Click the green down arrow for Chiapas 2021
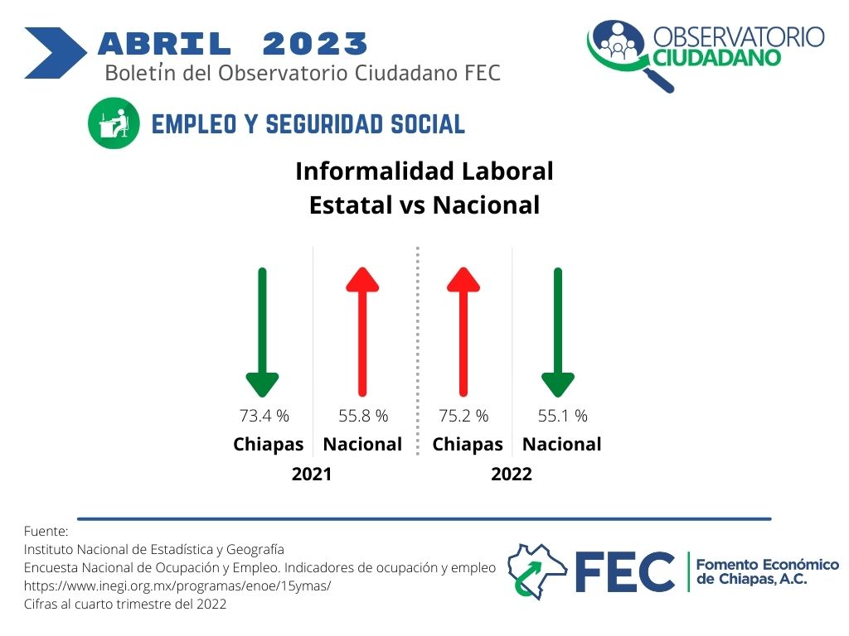(x=263, y=332)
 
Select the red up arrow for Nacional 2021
(x=362, y=332)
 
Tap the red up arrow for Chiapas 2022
(x=463, y=332)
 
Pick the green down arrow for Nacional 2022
(x=558, y=332)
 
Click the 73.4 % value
(x=264, y=416)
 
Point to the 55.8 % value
(x=363, y=416)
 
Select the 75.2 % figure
(x=463, y=416)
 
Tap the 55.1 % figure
(x=563, y=416)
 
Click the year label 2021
(x=312, y=475)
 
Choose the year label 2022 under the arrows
(x=511, y=475)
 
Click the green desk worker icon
(x=114, y=123)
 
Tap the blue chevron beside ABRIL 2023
(x=56, y=53)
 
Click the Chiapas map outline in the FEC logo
(x=536, y=571)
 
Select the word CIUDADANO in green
(x=716, y=57)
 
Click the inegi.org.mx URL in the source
(x=177, y=585)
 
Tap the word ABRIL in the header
(x=165, y=44)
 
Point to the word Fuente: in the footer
(x=46, y=531)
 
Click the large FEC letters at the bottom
(x=625, y=571)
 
